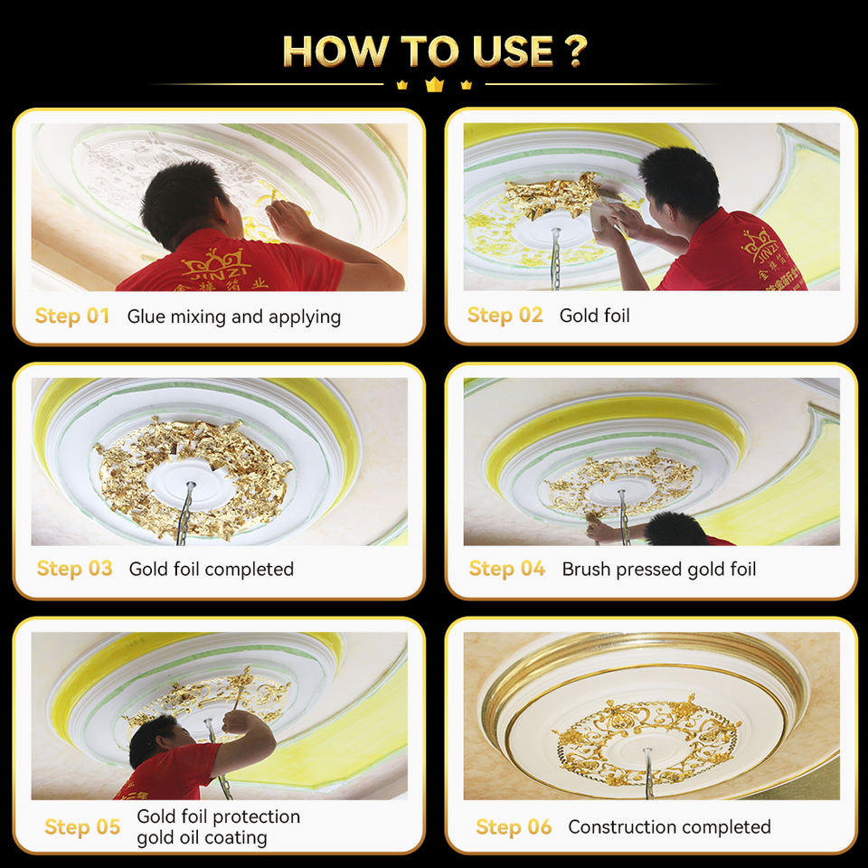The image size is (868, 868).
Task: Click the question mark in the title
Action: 576,51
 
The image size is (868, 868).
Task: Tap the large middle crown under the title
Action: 434,85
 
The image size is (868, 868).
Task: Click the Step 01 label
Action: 72,316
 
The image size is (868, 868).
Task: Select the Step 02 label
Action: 505,315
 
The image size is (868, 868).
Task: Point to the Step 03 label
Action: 75,568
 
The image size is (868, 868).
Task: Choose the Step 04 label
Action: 507,568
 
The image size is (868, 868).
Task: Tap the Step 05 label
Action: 82,826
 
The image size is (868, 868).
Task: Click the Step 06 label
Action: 514,826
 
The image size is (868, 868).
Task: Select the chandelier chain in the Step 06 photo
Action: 648,773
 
